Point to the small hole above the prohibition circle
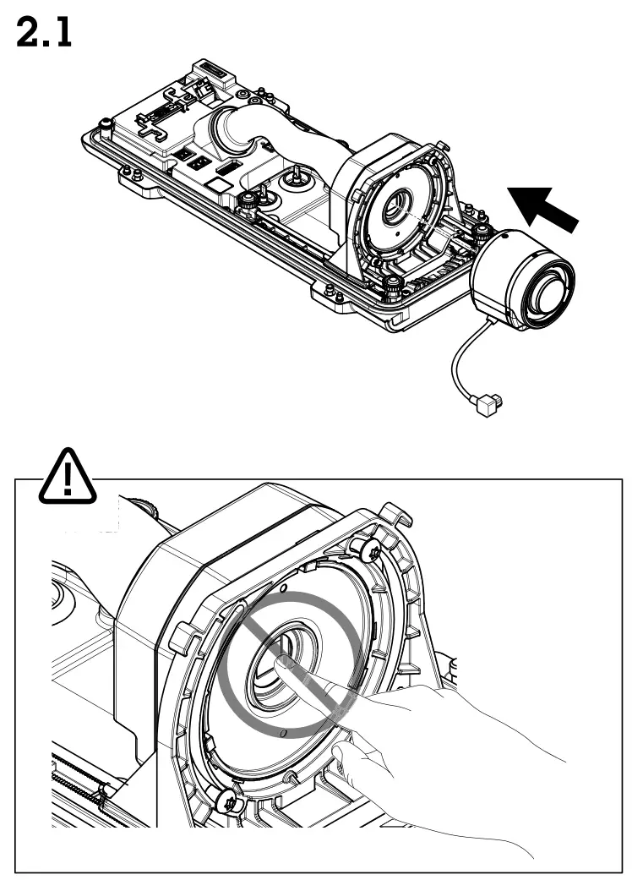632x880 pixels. (x=285, y=588)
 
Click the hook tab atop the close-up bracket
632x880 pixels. (x=395, y=512)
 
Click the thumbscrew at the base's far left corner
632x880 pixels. (x=106, y=126)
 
